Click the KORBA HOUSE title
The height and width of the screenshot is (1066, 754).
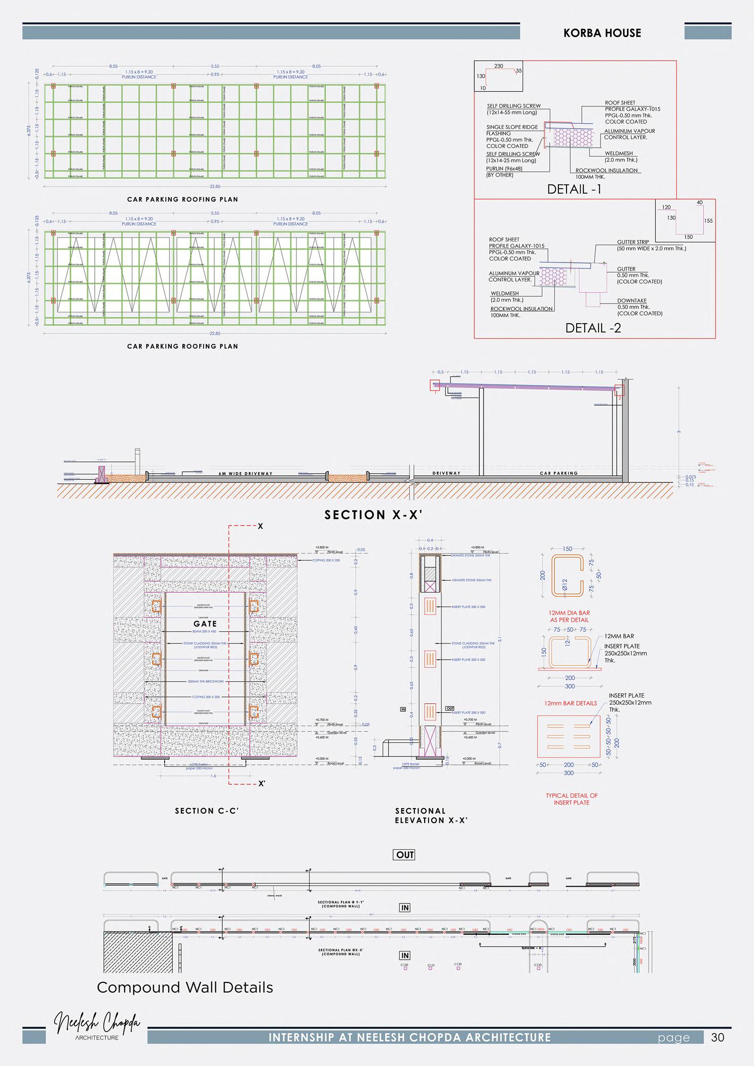click(602, 33)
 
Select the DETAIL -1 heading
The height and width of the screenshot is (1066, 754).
click(574, 189)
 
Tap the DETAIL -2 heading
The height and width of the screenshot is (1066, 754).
click(593, 328)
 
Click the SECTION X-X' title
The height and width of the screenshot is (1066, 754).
click(373, 515)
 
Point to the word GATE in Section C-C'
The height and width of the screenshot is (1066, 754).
click(205, 624)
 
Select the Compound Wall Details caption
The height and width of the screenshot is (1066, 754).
click(184, 987)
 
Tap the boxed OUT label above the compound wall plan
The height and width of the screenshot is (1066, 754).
click(405, 855)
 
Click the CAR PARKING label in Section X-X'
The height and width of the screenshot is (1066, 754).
click(558, 473)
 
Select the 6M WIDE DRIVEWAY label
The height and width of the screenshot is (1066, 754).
click(245, 474)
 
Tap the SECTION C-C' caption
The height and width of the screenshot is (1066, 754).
click(207, 811)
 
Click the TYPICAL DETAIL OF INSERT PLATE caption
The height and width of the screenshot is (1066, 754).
click(572, 799)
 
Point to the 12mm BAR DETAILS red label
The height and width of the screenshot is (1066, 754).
click(570, 703)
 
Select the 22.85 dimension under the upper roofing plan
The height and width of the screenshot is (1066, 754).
click(215, 186)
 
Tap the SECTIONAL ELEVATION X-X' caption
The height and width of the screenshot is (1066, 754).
click(431, 816)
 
